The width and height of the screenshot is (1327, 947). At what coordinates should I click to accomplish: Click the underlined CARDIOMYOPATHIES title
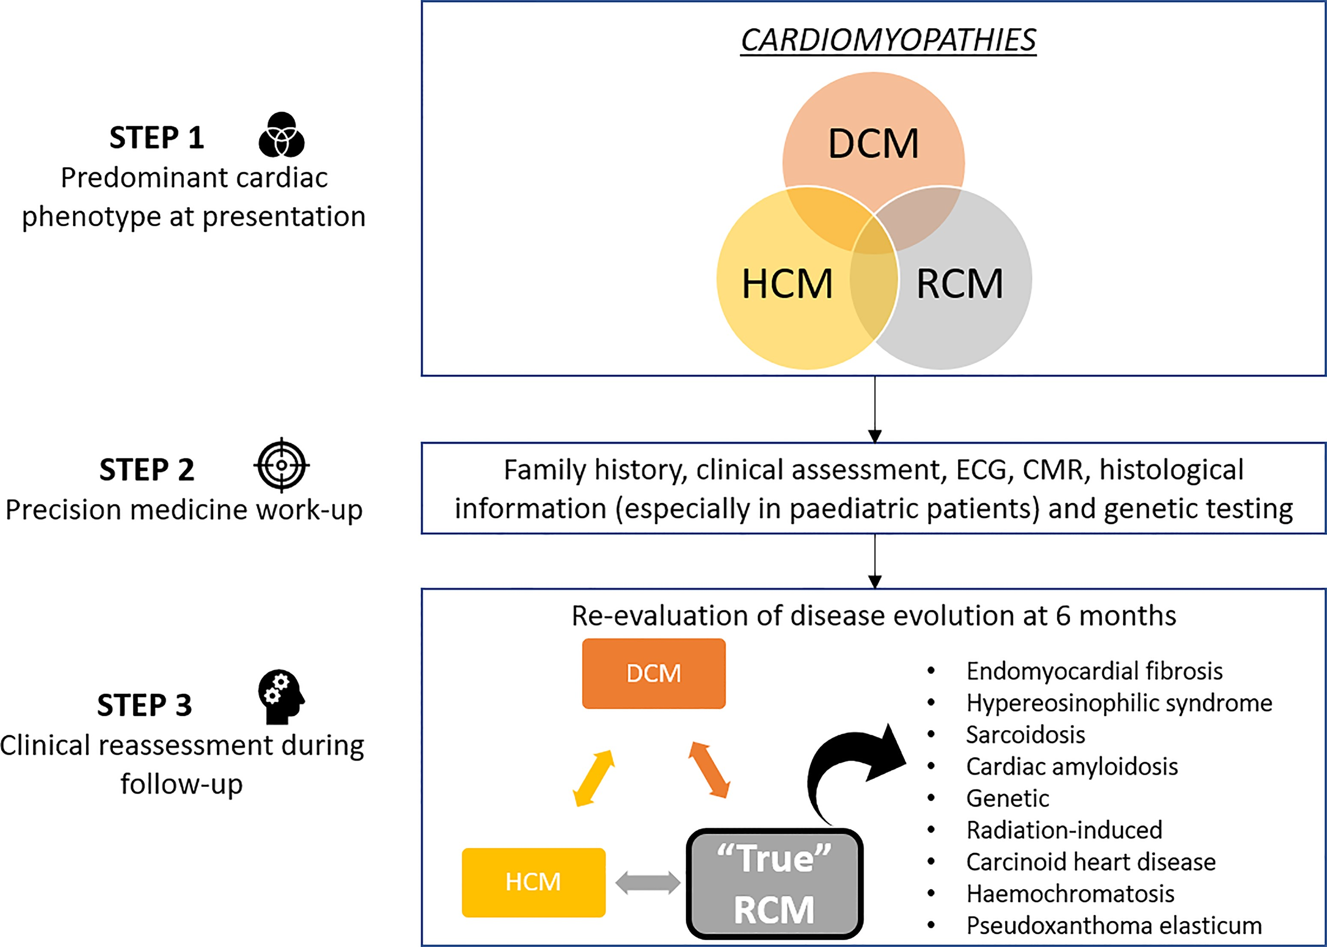(888, 41)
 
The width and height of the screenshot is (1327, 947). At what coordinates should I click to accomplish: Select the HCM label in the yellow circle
(787, 284)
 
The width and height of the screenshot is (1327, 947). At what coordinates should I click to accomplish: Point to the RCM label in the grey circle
(960, 284)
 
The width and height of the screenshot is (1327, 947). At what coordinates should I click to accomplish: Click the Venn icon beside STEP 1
(281, 135)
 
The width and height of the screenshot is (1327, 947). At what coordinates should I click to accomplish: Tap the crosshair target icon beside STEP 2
(281, 465)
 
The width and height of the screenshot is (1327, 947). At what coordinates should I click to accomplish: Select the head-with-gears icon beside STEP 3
(280, 696)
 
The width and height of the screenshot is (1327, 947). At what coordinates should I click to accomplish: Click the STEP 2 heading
(146, 470)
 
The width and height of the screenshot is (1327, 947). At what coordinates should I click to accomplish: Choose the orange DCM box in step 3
(653, 674)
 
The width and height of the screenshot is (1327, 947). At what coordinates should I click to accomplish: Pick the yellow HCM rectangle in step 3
(533, 882)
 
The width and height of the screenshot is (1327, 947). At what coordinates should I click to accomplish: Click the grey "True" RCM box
(774, 883)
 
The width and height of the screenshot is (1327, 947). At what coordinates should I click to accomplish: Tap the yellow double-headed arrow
(594, 778)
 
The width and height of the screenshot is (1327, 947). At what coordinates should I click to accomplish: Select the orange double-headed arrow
(709, 770)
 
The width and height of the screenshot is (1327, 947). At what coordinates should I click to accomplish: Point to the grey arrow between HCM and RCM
(648, 883)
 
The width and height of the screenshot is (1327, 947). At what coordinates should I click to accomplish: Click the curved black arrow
(846, 770)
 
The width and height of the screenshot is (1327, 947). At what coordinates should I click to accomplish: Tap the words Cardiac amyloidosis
(1071, 767)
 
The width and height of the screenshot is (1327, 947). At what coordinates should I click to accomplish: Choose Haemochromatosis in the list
(1070, 894)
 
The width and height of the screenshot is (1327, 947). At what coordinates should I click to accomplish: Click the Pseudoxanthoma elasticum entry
(1113, 926)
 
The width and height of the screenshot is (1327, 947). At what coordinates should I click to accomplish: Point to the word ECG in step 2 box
(981, 470)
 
